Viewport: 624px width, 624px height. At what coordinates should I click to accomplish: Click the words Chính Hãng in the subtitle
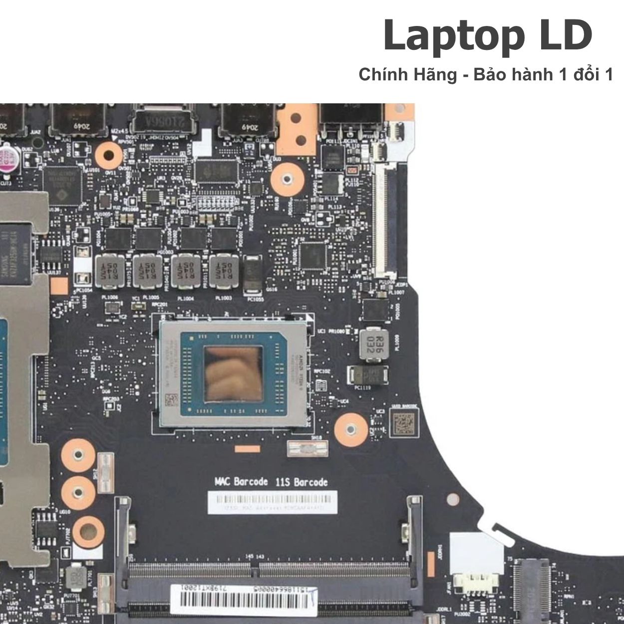(407, 75)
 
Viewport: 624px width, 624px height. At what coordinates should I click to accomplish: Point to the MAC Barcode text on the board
(241, 482)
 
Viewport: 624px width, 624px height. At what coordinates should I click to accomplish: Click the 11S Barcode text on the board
(302, 482)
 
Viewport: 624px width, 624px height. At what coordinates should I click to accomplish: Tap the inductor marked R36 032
(374, 343)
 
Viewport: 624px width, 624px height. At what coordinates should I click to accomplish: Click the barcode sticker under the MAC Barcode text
(272, 502)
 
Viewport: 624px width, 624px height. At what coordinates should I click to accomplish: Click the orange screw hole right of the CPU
(348, 428)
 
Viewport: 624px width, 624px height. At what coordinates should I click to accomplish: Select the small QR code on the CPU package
(171, 400)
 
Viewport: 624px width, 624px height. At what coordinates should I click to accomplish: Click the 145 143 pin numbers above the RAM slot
(255, 556)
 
